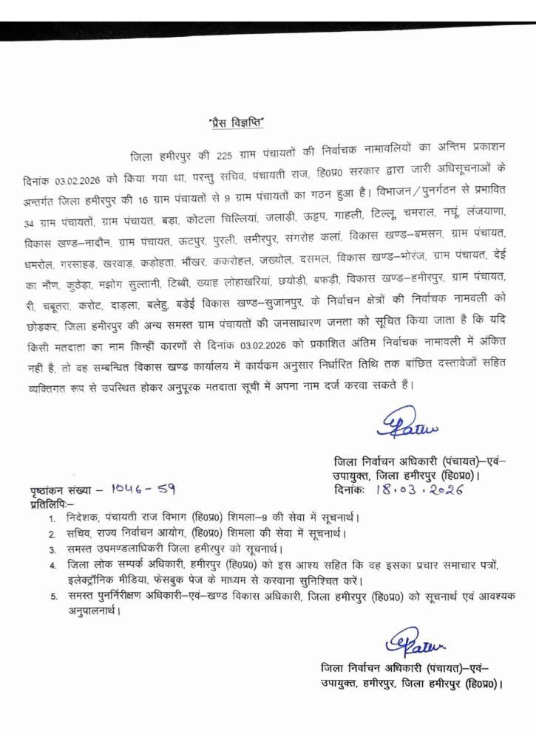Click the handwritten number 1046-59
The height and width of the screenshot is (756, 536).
pyautogui.click(x=143, y=489)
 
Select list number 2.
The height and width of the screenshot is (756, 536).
pyautogui.click(x=53, y=534)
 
